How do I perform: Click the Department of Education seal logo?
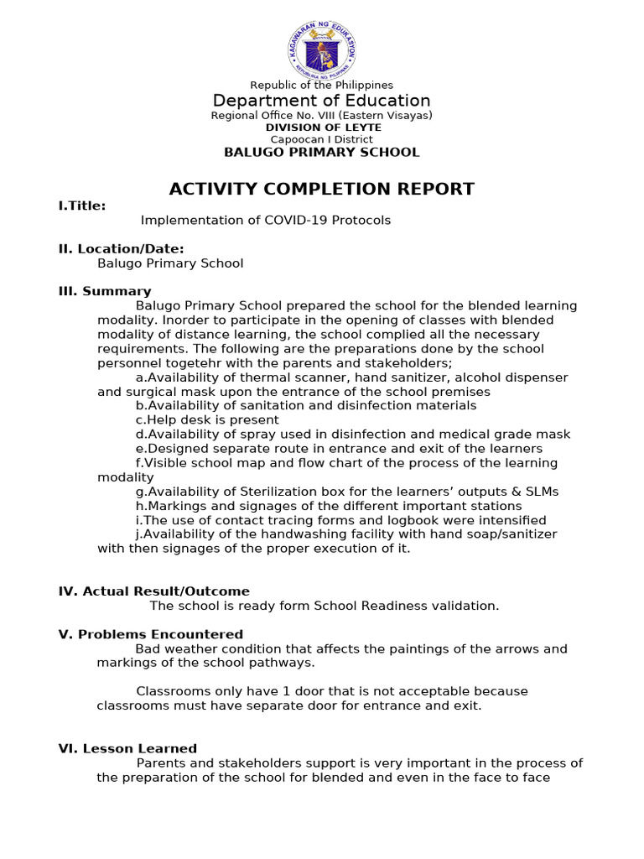[321, 46]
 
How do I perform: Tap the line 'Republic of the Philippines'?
[322, 85]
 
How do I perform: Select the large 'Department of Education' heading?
[322, 101]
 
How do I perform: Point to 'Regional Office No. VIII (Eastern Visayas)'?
[322, 116]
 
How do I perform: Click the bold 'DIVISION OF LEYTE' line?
[322, 128]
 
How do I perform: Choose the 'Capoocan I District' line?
[322, 139]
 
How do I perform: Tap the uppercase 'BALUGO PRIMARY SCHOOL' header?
[322, 152]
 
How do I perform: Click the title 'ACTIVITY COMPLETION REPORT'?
[322, 189]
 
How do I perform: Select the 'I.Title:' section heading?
[82, 206]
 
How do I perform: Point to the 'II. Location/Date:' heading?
[121, 248]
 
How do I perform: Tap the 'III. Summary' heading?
[105, 291]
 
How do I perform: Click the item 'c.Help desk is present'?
[207, 420]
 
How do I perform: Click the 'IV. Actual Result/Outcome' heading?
[154, 591]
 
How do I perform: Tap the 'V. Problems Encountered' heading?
[151, 634]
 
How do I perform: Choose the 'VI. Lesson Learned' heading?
[127, 748]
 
